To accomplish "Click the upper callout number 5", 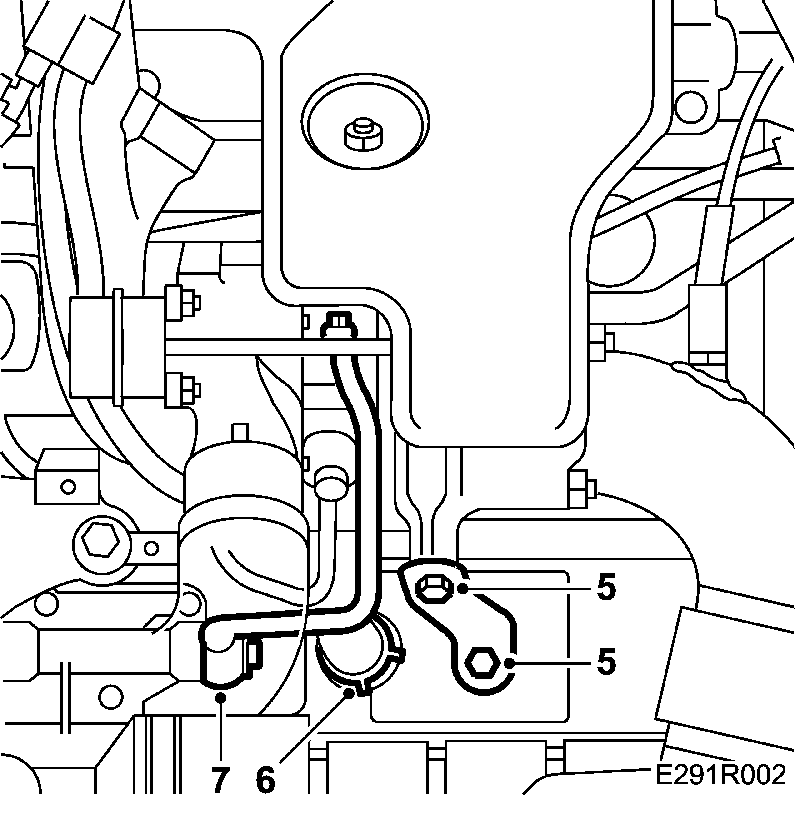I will click(606, 589).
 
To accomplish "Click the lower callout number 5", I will click(606, 663).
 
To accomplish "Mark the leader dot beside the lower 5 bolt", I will click(509, 663).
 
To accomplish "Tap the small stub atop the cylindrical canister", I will click(241, 431).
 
